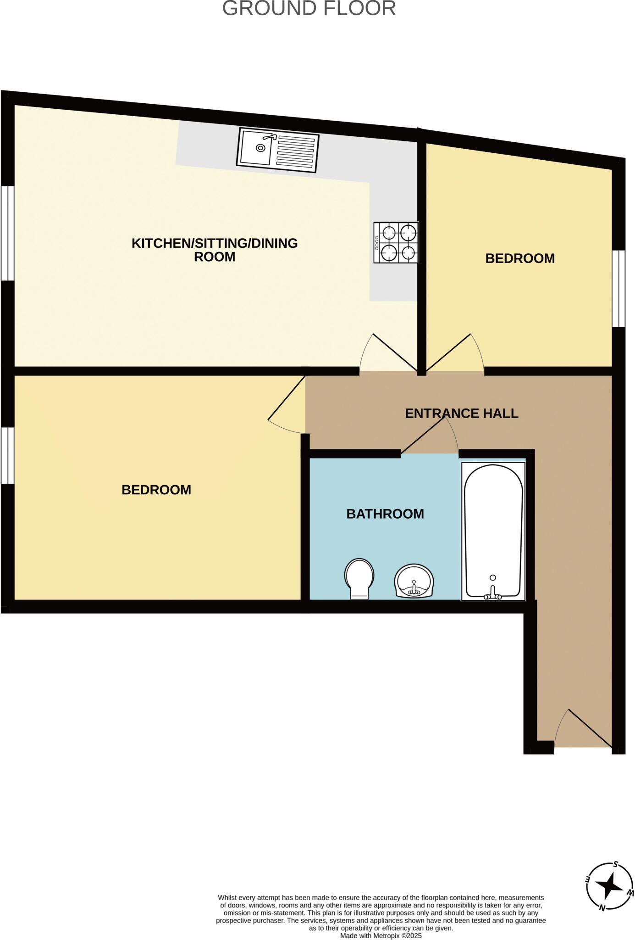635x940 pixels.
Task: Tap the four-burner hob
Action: (396, 242)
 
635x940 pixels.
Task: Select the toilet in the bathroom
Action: (359, 578)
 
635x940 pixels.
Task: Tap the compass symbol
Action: (610, 886)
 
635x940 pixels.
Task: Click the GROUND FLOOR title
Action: (309, 9)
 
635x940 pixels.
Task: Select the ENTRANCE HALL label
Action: (461, 414)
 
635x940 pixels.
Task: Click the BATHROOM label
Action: (385, 514)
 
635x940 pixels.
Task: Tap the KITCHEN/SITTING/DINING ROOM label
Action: (215, 250)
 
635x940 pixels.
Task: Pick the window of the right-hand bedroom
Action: (619, 288)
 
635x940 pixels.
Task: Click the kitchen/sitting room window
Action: (7, 233)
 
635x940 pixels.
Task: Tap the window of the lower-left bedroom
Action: (7, 455)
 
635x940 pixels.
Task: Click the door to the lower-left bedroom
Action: (287, 404)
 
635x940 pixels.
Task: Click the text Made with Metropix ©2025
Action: (381, 935)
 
